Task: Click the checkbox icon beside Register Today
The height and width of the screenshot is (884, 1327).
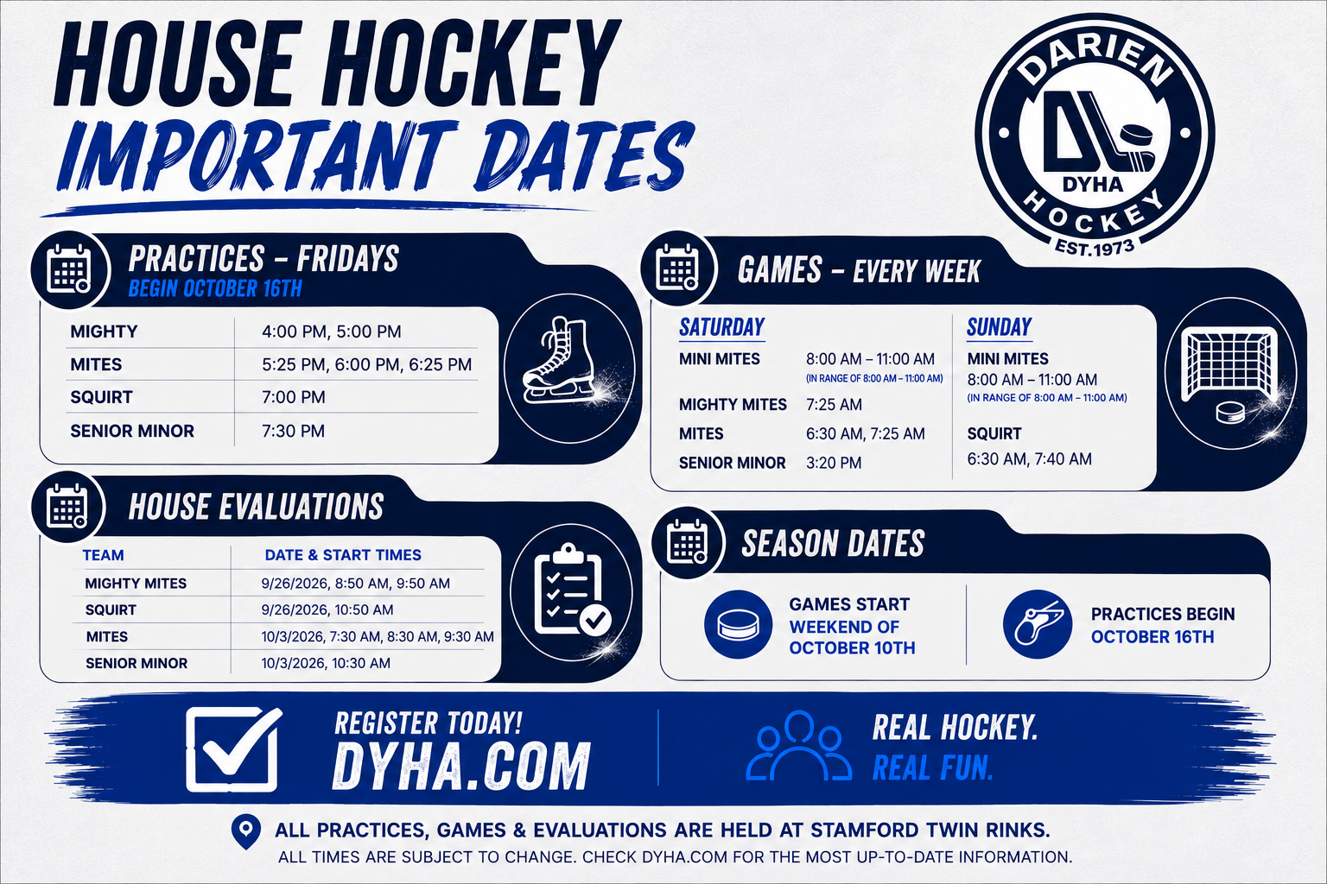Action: (233, 749)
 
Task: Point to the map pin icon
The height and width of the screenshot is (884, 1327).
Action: (246, 832)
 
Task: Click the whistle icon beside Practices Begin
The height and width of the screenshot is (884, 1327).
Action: (1038, 624)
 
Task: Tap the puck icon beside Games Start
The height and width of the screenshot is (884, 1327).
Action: (738, 625)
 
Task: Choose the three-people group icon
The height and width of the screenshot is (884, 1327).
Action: (798, 746)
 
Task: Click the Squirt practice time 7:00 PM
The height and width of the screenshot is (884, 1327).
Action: (293, 397)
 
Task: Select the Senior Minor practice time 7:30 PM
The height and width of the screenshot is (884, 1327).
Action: (293, 431)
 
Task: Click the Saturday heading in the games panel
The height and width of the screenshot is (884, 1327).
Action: (721, 327)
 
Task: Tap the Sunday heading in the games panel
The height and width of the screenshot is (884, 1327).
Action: (1000, 327)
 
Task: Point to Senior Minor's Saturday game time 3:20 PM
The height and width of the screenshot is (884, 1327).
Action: (834, 463)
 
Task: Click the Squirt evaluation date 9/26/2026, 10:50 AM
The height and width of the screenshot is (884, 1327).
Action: (327, 609)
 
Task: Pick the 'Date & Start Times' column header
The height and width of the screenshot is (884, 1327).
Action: (343, 555)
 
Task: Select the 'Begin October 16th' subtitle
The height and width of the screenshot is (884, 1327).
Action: (215, 288)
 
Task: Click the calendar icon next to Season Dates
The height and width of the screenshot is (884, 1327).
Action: (687, 542)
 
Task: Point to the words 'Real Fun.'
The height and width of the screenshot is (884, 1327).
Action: (933, 767)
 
